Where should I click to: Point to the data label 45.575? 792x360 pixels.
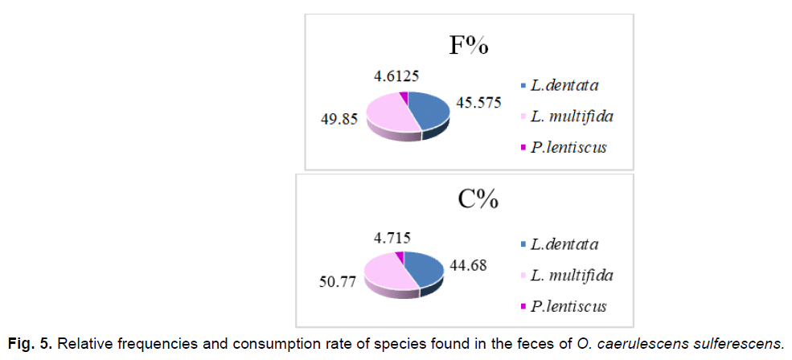[480, 102]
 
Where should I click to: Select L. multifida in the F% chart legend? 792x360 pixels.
[572, 117]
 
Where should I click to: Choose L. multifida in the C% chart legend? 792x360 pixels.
[572, 276]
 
